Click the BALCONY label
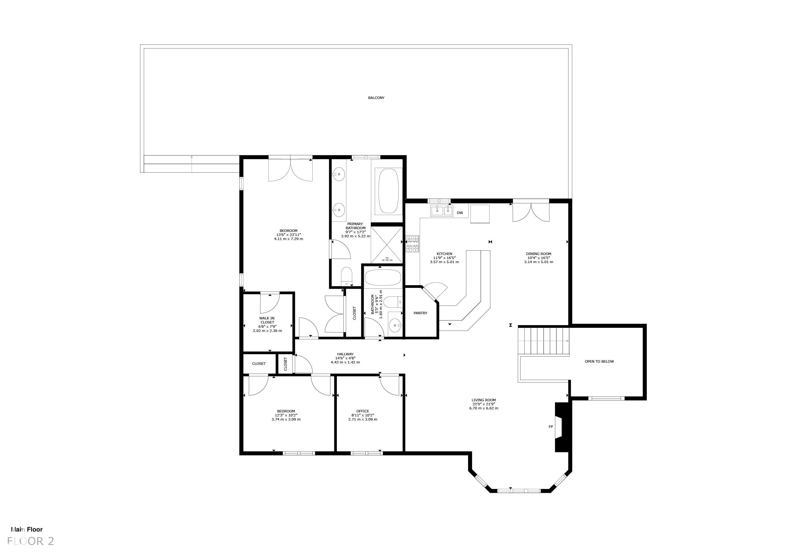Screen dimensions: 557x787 tap(376, 98)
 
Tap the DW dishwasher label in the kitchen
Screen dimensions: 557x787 tap(460, 213)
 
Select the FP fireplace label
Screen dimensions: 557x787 tap(550, 427)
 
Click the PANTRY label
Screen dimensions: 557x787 tap(420, 313)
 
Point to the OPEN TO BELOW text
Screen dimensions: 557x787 tap(599, 362)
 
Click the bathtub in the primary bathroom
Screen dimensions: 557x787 tap(388, 191)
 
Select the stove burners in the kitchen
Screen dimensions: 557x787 tap(413, 244)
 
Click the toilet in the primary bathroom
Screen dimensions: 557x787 tap(347, 276)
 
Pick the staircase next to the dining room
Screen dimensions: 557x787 tap(543, 341)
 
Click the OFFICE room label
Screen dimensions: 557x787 tap(363, 411)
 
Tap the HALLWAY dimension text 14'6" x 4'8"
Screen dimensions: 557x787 tap(345, 358)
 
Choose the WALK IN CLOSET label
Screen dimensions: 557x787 tap(267, 320)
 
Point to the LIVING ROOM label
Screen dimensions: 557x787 tap(483, 400)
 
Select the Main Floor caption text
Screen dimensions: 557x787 tap(27, 530)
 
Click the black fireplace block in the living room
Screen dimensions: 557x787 tap(562, 427)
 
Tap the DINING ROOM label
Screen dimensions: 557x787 tap(538, 254)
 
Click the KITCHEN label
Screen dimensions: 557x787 tap(444, 254)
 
